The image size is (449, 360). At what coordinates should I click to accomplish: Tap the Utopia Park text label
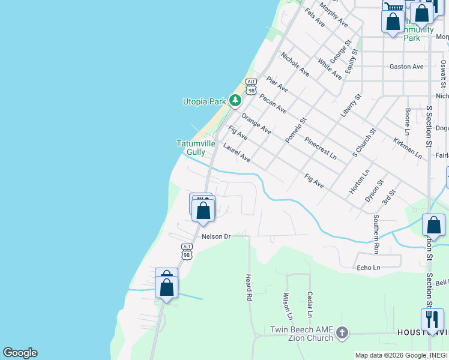[x=204, y=102]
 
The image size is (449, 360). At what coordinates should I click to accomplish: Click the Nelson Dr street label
[x=216, y=236]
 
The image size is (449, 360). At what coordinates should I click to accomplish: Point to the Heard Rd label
[x=249, y=287]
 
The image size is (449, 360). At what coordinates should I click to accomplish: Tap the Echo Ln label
[x=368, y=268]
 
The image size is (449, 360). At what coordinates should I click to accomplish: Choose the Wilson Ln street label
[x=287, y=306]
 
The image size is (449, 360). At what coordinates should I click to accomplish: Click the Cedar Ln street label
[x=310, y=305]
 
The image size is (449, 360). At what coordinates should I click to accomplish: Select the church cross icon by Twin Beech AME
[x=342, y=332]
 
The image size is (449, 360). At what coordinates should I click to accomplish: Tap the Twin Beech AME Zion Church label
[x=301, y=334]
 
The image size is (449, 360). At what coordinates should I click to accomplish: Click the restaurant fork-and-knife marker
[x=432, y=319]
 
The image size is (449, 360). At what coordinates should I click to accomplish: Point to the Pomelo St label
[x=295, y=130]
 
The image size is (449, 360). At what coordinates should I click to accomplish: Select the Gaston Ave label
[x=406, y=67]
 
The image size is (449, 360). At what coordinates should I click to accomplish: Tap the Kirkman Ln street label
[x=408, y=147]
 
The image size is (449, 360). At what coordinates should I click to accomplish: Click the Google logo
[x=20, y=353]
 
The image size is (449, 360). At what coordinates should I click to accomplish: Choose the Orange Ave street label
[x=256, y=122]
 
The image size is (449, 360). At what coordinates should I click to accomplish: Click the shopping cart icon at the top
[x=393, y=6]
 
